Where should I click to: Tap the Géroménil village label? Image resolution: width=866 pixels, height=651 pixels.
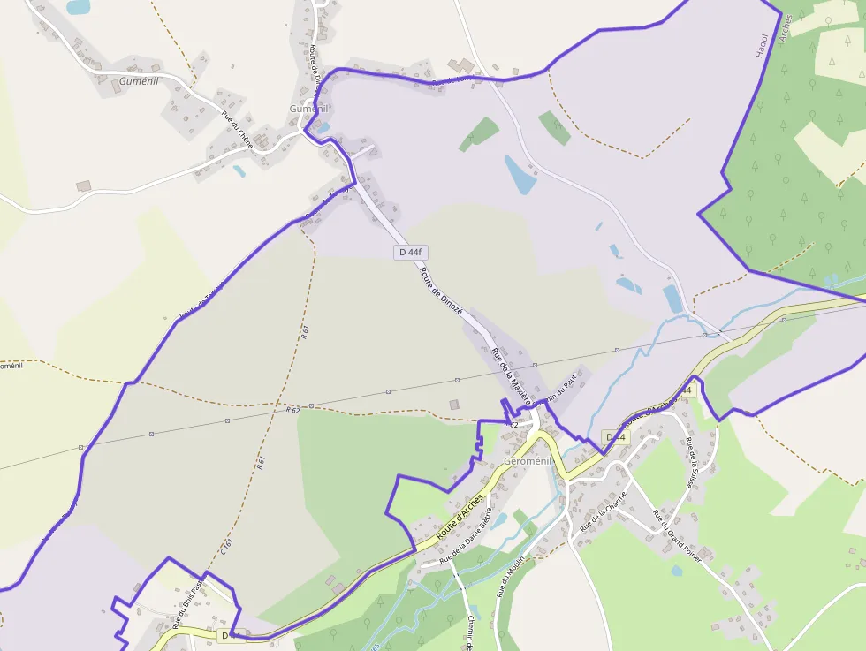[x=528, y=461]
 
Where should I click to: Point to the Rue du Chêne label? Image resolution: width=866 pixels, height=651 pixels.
[x=237, y=129]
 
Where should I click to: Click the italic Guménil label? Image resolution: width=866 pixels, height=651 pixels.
[x=138, y=81]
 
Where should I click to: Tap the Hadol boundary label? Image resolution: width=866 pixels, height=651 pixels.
[x=763, y=44]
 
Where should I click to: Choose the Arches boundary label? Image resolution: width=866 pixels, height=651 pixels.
[x=786, y=27]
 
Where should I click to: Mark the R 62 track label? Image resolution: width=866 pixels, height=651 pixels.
[x=293, y=410]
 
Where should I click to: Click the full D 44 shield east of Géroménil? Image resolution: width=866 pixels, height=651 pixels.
[x=616, y=437]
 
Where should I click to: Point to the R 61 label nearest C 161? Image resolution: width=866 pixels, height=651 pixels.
[x=261, y=464]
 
